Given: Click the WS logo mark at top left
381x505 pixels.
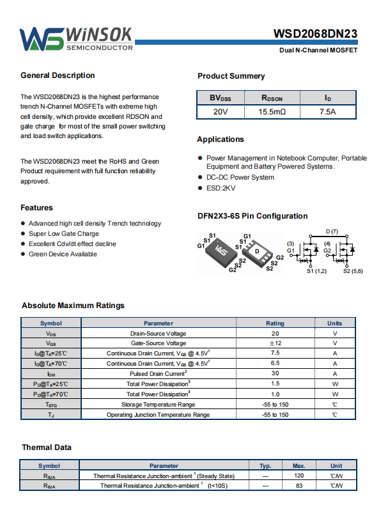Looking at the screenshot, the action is (x=42, y=39).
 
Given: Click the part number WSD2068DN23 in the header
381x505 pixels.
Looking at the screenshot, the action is (x=315, y=34).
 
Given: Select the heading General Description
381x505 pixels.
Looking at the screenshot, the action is (x=58, y=75).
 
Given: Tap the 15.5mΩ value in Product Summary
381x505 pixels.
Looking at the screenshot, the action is (x=272, y=112).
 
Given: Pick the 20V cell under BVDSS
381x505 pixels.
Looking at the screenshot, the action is (x=221, y=112).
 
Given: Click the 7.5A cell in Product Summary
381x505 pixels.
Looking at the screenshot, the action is (x=327, y=112).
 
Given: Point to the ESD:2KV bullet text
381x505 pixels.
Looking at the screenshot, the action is (x=221, y=188).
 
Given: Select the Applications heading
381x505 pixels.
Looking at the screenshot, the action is (x=221, y=139).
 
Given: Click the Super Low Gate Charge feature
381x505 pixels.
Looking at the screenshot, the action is (x=64, y=233).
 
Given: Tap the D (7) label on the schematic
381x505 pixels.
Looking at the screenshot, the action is (x=332, y=231).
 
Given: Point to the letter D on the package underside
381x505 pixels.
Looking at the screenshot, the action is (x=257, y=251).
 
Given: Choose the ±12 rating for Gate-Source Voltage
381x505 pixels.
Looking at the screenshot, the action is (x=276, y=343).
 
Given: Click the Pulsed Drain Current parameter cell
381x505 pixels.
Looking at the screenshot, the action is (x=159, y=373).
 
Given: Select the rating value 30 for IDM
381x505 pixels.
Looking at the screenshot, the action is (x=275, y=373).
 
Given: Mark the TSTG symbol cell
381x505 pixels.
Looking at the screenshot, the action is (x=51, y=405).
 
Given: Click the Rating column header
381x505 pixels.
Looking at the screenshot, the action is (x=275, y=323).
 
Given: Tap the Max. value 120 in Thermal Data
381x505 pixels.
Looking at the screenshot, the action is (x=299, y=476).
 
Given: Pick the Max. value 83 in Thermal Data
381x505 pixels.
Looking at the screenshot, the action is (x=299, y=485).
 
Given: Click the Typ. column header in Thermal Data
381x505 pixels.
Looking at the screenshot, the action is (x=266, y=466).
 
